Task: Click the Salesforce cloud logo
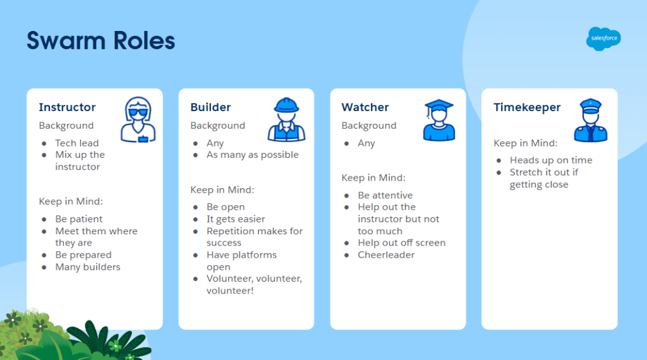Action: click(603, 39)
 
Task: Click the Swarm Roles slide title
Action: click(100, 40)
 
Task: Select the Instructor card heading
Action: click(67, 107)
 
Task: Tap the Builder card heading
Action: click(210, 107)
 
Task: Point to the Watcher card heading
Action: click(365, 107)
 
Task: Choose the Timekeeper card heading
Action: click(527, 107)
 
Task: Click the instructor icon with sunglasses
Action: click(138, 119)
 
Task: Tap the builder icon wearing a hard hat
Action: click(286, 119)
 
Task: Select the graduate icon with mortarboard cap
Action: click(439, 120)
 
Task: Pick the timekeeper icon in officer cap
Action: click(591, 121)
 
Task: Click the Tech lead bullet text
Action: click(77, 143)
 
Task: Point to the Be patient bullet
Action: click(79, 219)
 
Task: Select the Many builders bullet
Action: click(88, 267)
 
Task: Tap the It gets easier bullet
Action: click(236, 219)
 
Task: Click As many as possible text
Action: click(253, 155)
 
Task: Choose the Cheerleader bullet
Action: click(386, 255)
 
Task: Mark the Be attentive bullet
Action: click(385, 195)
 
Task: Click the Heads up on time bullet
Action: click(551, 160)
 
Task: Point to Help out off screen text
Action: click(401, 243)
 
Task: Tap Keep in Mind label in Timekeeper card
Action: click(525, 143)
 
